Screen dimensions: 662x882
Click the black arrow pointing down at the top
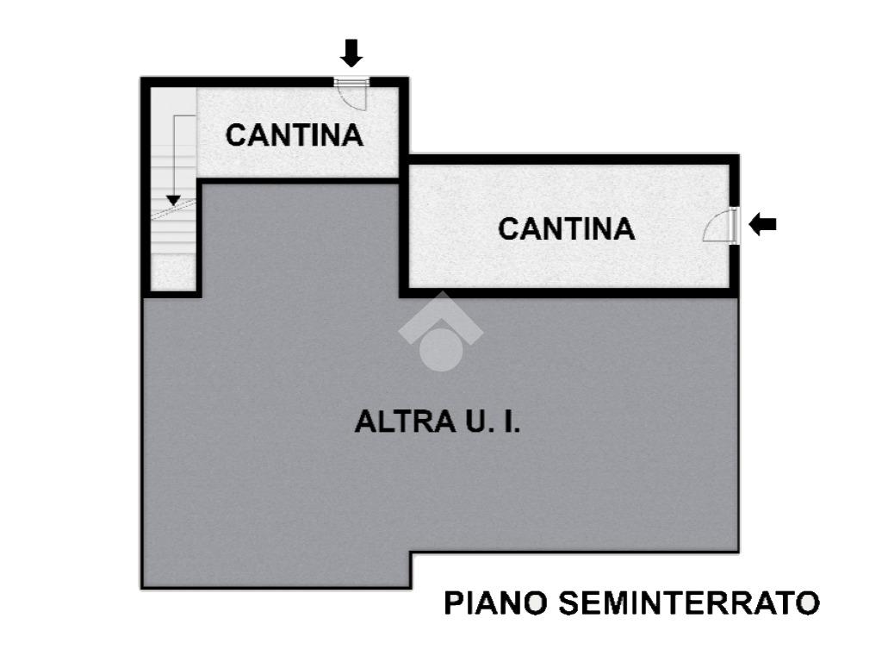351,53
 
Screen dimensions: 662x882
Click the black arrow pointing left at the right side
762,225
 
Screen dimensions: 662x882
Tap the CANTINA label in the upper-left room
295,135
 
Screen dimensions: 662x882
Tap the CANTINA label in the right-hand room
567,228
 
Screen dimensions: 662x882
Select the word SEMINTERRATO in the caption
689,603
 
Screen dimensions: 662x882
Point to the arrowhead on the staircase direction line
173,200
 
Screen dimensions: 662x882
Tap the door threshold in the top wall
351,82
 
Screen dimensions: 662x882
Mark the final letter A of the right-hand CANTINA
624,228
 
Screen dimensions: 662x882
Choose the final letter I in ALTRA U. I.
506,422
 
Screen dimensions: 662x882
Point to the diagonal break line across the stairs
174,209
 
